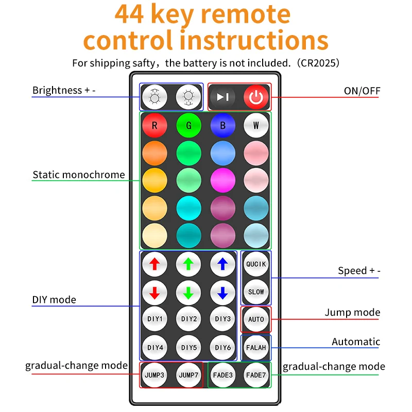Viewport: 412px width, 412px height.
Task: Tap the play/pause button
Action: pos(222,96)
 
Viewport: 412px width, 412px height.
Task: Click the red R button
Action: pos(154,125)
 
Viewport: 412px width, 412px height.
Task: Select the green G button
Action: pos(188,125)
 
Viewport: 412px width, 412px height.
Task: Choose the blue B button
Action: pos(222,125)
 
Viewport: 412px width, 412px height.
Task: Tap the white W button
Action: pos(256,125)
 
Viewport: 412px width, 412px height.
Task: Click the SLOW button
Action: pos(256,291)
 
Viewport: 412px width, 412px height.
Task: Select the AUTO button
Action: pos(256,319)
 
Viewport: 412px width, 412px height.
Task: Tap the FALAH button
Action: pos(256,347)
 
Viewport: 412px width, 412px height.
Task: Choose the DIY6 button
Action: pos(222,347)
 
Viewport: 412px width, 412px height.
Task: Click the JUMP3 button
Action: pos(154,375)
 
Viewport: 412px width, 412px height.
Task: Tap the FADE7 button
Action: pos(256,375)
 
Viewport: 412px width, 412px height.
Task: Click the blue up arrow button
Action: pos(222,264)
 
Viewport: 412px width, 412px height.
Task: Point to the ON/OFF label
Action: pos(362,91)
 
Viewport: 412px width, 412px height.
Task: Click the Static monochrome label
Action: pos(79,175)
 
